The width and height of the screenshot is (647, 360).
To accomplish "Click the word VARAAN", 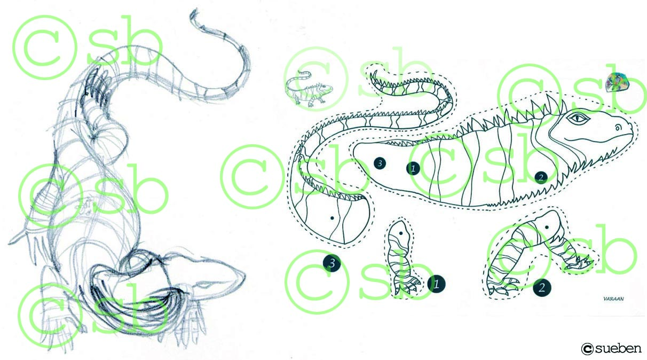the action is [613, 299].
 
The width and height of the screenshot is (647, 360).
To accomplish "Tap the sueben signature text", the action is [618, 348].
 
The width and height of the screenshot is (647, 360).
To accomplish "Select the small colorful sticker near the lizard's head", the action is [617, 82].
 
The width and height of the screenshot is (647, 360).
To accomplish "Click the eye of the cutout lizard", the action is [578, 118].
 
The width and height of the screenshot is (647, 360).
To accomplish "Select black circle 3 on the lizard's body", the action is [380, 163].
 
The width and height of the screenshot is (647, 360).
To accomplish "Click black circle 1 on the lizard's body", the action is [413, 168].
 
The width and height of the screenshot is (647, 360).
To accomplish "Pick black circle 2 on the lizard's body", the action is [541, 177].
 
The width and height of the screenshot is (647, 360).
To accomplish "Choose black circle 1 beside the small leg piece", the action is [437, 284].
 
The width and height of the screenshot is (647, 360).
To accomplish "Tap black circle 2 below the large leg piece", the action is [542, 288].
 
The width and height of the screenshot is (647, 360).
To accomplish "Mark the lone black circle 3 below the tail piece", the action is [332, 263].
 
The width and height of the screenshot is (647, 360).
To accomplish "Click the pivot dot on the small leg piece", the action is [401, 233].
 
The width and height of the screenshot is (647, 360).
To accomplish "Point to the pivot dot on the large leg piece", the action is [547, 228].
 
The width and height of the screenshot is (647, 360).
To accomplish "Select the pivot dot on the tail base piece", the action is [332, 218].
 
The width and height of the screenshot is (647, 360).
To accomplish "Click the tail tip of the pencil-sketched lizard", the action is [194, 12].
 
